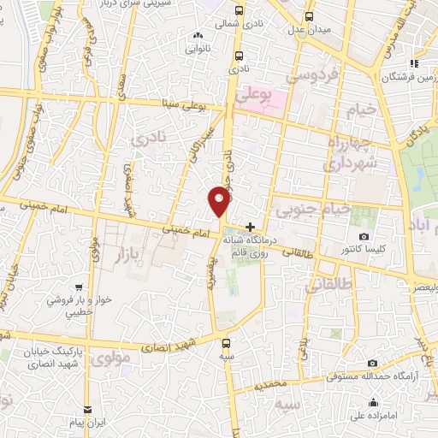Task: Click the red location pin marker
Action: [220, 201]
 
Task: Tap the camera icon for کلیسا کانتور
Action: [364, 236]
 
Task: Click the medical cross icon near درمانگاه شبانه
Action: [250, 228]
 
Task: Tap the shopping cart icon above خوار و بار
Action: [80, 287]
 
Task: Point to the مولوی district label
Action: [110, 358]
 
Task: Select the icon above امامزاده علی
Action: [374, 404]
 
